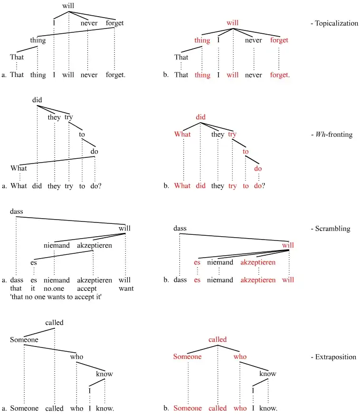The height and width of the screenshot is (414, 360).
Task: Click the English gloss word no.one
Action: pos(57,288)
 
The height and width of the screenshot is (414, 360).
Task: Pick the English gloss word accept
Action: pos(87,288)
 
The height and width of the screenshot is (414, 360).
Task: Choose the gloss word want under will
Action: pos(126,288)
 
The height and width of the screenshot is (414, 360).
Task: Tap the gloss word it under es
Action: pos(33,288)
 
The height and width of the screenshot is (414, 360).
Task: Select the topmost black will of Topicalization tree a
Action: pos(69,6)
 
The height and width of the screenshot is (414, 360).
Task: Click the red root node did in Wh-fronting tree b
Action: pos(201,117)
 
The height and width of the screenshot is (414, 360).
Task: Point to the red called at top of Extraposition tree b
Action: pos(218,339)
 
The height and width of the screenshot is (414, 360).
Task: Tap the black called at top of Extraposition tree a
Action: pos(54,323)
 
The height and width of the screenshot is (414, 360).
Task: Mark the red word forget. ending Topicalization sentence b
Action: pos(280,75)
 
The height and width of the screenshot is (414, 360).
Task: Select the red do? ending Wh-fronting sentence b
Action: pos(259,186)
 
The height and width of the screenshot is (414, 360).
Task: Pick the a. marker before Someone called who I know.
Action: pos(4,408)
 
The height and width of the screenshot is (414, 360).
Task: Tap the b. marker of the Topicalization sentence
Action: pos(166,75)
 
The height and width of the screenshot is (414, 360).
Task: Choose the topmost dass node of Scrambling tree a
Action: pos(16,211)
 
